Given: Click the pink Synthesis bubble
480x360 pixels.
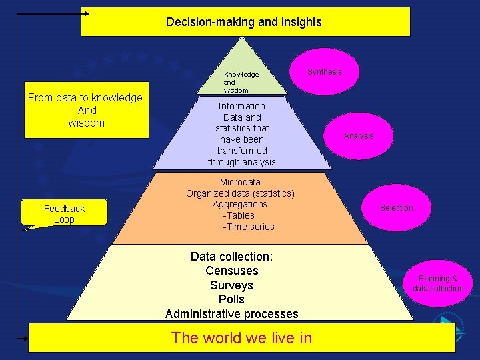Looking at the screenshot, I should pos(325,72).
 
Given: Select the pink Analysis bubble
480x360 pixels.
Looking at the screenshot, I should pos(359,136).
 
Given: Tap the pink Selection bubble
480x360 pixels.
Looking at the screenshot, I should pos(396,208).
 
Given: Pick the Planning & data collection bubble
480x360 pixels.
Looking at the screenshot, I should pos(438,283).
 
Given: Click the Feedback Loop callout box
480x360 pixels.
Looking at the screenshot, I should pos(64,214).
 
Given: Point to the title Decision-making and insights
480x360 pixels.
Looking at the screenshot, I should pos(244,22).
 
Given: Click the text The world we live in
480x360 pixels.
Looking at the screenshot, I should pos(241,338).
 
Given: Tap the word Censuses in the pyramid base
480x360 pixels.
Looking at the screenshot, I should pos(232,271).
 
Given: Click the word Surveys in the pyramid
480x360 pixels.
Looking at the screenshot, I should pos(232,285).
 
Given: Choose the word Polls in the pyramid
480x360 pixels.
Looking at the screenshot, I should pos(232,299).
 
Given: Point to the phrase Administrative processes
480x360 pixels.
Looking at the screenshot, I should pos(232,314).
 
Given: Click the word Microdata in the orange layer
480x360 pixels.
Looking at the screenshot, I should pos(240,182).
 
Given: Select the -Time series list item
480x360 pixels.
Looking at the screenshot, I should pos(249,227).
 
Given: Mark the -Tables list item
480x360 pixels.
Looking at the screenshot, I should pos(239,215).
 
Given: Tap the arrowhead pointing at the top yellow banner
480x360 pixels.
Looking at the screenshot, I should pos(85,13).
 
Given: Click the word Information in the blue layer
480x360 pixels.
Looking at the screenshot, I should pos(241,106).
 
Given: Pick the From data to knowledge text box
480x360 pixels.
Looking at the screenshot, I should pos(85,111).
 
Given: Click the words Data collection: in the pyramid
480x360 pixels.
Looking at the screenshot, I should pos(232,257).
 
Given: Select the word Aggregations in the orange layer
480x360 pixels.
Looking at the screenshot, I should pos(240,205).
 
